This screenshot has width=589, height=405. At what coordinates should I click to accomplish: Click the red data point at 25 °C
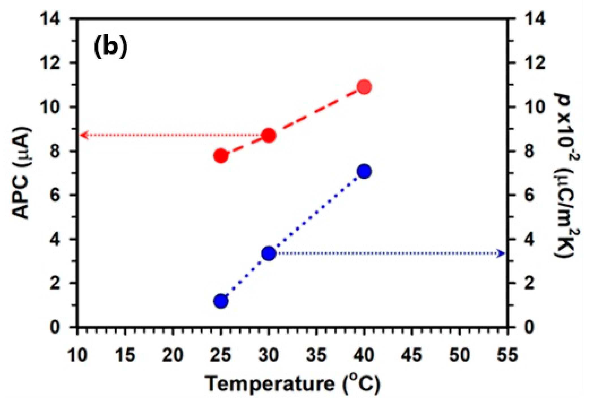pos(221,156)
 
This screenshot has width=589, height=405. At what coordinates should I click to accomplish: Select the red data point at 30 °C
pos(269,136)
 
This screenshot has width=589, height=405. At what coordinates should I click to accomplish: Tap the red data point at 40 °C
pos(364,87)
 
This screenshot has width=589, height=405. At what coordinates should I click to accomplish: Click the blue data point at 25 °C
pos(221,301)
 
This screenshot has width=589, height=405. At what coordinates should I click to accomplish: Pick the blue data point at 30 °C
pos(269,253)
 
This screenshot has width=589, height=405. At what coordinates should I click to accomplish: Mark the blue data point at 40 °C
pos(364,171)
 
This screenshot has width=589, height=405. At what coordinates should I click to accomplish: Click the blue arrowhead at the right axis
pos(501,253)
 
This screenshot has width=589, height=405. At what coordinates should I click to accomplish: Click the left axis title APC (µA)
pos(22,173)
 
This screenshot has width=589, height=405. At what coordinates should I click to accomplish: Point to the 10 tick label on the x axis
pos(78,355)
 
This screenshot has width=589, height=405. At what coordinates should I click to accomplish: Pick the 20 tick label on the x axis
pos(173,355)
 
